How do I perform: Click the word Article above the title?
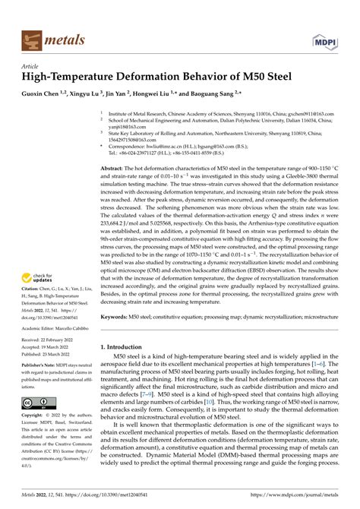coord(31,66)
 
